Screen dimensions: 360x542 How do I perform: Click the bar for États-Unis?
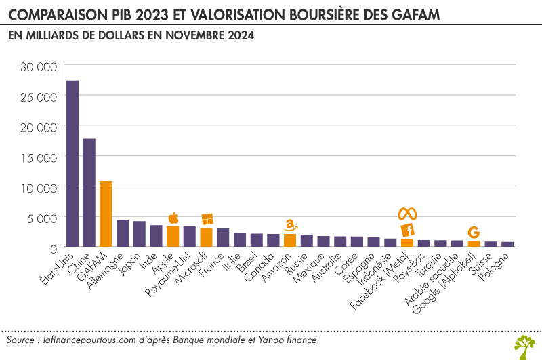[72, 163]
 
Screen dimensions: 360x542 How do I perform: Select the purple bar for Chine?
[89, 193]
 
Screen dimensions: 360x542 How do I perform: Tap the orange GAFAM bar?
[106, 214]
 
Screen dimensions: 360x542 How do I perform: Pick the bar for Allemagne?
[123, 233]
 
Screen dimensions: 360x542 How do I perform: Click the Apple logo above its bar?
[173, 218]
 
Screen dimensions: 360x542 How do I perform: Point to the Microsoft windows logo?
[207, 219]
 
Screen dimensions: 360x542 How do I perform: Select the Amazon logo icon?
[291, 224]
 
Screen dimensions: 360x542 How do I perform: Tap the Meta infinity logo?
[407, 214]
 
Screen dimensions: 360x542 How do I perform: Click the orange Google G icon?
[474, 233]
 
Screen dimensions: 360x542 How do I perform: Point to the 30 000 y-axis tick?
[38, 67]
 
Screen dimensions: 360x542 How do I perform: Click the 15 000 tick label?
[38, 157]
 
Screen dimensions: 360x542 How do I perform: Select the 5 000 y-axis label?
[42, 218]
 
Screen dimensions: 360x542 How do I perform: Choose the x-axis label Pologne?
[501, 267]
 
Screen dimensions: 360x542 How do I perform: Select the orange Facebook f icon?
[407, 231]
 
